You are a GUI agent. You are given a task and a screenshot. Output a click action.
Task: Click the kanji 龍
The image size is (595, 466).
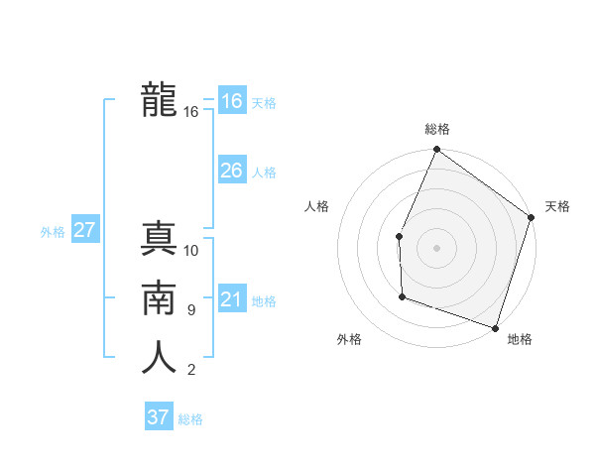pos(159,100)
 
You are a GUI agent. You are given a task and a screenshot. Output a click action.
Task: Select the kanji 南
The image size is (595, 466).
pos(159,298)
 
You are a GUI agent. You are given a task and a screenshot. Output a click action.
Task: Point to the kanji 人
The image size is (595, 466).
pos(159,358)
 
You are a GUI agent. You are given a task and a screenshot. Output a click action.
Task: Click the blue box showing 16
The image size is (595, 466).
pos(231,101)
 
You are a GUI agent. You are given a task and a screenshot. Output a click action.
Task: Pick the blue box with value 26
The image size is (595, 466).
pos(231,171)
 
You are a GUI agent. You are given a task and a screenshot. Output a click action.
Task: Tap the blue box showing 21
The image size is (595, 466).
pos(231,299)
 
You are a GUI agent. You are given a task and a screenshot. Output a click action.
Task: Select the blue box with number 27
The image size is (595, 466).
pos(84,231)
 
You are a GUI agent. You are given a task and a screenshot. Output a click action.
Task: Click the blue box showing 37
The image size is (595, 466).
pos(158,417)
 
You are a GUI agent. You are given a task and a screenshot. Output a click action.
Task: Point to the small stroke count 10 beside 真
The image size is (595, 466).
pos(191,250)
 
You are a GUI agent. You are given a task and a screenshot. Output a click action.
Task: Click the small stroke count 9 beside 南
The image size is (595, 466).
pos(190,310)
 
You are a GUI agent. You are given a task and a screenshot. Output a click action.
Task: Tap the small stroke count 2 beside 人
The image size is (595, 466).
pos(190,371)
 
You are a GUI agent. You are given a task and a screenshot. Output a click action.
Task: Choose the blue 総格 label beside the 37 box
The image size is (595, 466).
pos(190,419)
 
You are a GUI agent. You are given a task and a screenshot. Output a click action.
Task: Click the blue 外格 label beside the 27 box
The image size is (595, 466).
pos(53,232)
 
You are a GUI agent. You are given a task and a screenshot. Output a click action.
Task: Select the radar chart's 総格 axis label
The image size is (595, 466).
pos(437,129)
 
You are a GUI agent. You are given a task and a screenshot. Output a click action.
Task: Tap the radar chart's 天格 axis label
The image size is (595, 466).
pos(557,206)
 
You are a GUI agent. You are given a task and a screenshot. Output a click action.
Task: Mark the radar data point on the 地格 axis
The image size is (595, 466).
pos(495,327)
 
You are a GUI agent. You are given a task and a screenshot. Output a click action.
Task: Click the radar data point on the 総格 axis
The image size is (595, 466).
pos(436,150)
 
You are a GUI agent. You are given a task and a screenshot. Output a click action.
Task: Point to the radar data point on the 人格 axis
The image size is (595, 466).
pos(399,236)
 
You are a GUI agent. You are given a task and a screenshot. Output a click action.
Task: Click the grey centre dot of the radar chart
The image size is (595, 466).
pos(436,248)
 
